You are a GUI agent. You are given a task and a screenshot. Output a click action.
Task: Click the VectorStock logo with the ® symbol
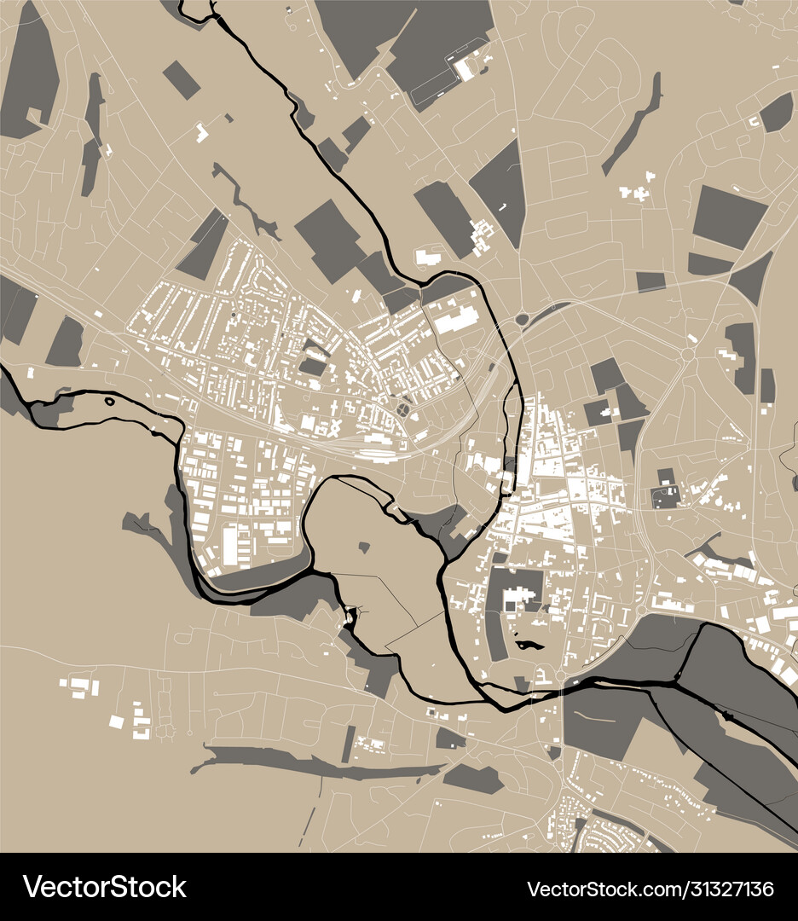pos(105,887)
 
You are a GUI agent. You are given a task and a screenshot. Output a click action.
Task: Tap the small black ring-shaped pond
pos(108,400)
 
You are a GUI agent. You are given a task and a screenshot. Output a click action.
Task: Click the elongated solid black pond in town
pos(529,646)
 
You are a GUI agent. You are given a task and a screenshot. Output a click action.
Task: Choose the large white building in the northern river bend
pos(456,319)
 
